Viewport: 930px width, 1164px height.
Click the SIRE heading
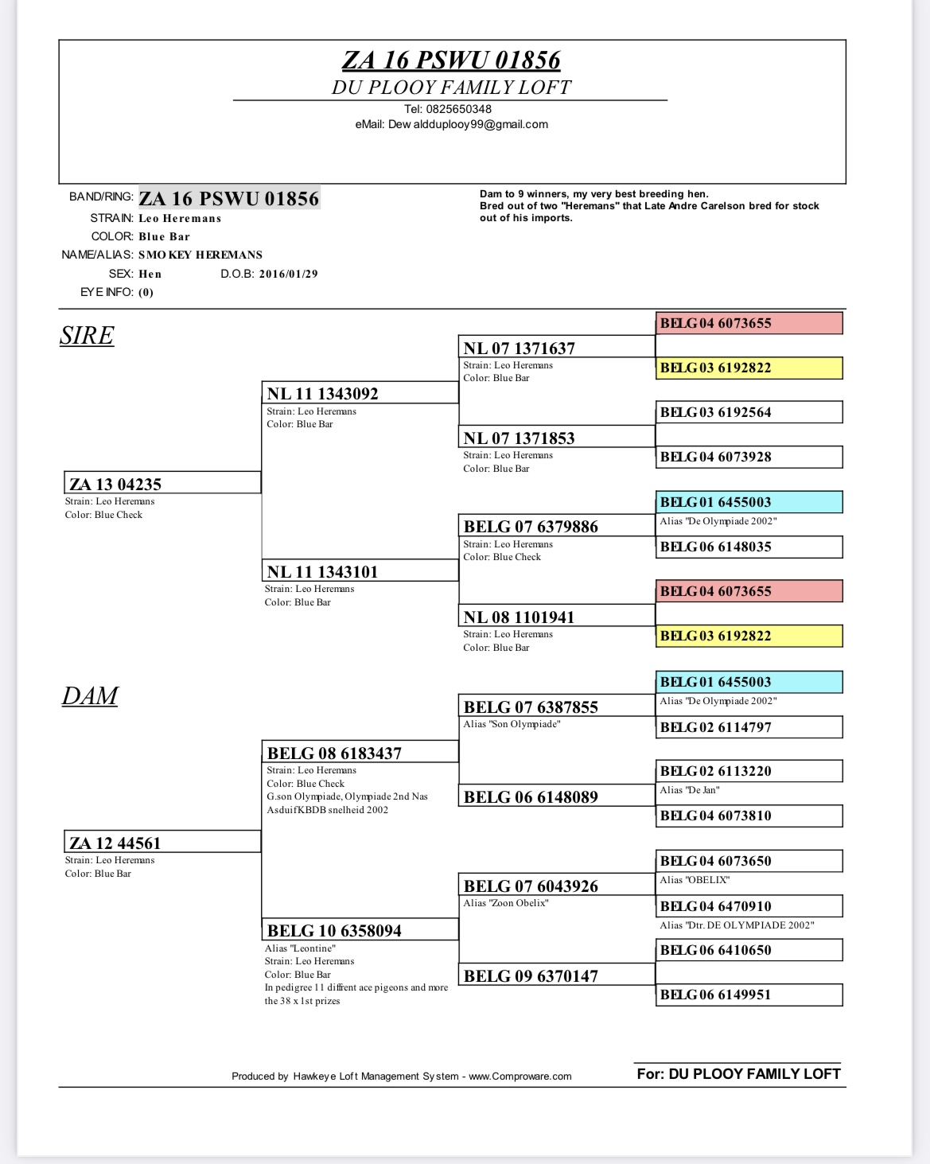[x=87, y=336]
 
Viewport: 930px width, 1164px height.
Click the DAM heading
[x=90, y=696]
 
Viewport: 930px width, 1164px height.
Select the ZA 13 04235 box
[x=162, y=484]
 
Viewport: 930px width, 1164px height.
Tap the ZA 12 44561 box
[x=162, y=843]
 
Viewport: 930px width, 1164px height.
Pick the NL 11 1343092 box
[x=360, y=393]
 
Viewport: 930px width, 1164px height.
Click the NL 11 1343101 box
[x=360, y=571]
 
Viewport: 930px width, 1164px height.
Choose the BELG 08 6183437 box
[x=360, y=753]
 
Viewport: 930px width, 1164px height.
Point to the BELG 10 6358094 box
[x=360, y=930]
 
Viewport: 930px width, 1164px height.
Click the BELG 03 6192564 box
[x=749, y=412]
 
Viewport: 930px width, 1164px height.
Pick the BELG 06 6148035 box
[x=749, y=547]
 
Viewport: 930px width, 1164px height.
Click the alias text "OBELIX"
[x=695, y=880]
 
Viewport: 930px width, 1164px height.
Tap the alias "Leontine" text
[x=300, y=948]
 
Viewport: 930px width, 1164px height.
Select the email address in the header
[x=451, y=124]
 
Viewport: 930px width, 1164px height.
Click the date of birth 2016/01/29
[x=289, y=274]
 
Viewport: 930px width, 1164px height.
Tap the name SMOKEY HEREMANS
[x=200, y=255]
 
